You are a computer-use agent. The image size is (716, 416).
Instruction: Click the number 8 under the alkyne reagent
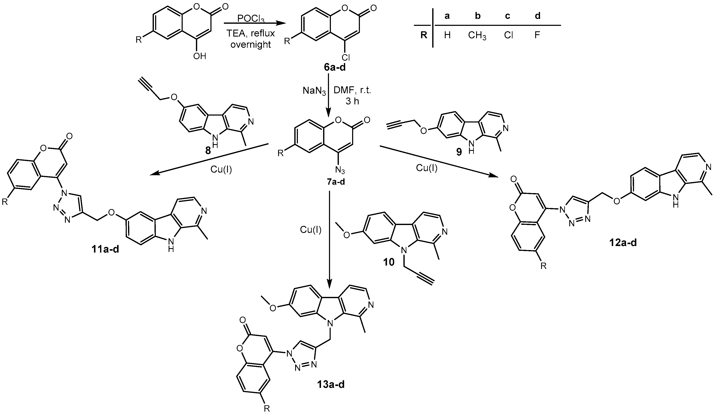click(x=208, y=150)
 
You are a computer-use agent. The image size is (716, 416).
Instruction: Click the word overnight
click(x=251, y=45)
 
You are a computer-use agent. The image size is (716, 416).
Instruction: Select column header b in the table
click(x=478, y=16)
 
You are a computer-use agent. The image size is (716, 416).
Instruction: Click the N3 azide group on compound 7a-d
click(x=340, y=170)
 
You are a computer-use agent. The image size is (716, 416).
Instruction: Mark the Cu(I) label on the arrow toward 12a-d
click(x=427, y=168)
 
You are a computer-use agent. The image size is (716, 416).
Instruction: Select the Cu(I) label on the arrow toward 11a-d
click(x=221, y=169)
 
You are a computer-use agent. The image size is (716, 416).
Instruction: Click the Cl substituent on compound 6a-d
click(x=346, y=58)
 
